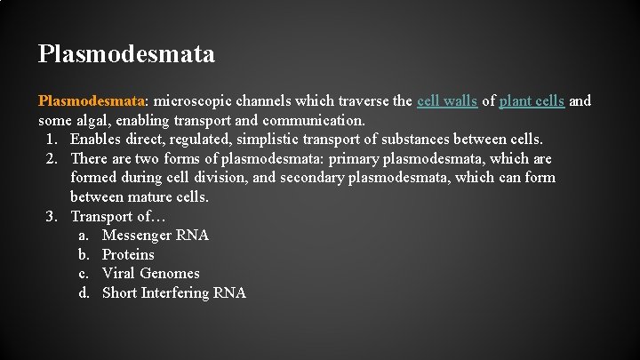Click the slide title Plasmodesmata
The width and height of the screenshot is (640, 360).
[x=126, y=54]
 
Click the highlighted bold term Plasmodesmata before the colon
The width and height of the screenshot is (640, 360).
[x=91, y=101]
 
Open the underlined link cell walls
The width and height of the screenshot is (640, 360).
[x=447, y=101]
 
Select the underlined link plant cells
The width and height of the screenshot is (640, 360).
[x=532, y=101]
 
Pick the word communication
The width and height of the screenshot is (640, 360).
[x=314, y=120]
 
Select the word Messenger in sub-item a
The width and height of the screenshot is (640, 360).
[x=138, y=236]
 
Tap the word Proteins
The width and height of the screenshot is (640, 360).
[x=128, y=255]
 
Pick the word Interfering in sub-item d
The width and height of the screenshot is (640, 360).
[x=176, y=293]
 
